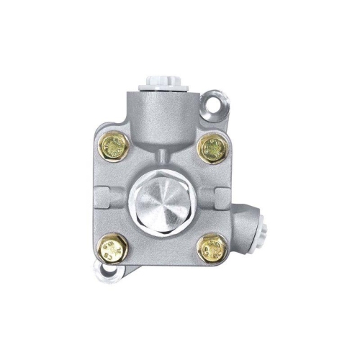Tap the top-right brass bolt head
[212, 150]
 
